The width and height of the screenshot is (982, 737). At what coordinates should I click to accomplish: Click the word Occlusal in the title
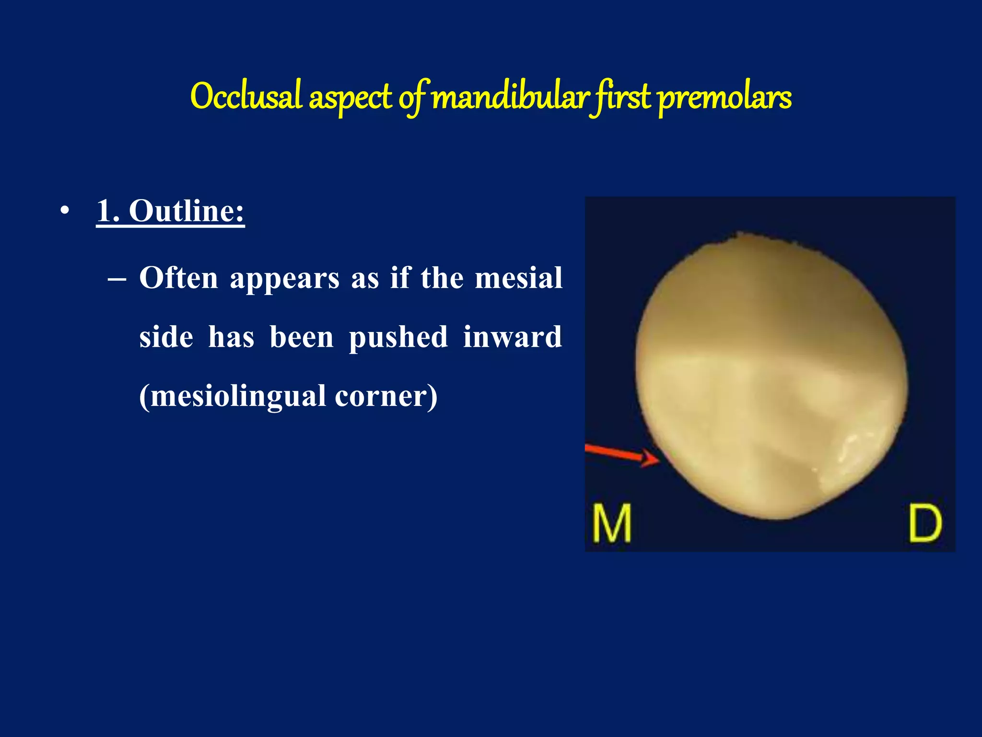(x=246, y=96)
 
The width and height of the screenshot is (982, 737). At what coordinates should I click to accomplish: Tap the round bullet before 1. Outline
(x=65, y=211)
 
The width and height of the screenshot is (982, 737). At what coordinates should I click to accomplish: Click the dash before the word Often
(x=117, y=279)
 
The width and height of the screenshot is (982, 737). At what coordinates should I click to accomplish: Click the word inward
(x=512, y=337)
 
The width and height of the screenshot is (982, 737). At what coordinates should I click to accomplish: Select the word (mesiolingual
(x=233, y=396)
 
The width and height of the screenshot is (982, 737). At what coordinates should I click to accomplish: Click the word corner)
(x=386, y=396)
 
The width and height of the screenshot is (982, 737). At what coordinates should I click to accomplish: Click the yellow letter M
(x=611, y=523)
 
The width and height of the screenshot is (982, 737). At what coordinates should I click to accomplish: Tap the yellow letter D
(x=925, y=523)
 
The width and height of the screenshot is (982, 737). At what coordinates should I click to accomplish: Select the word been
(x=301, y=337)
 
